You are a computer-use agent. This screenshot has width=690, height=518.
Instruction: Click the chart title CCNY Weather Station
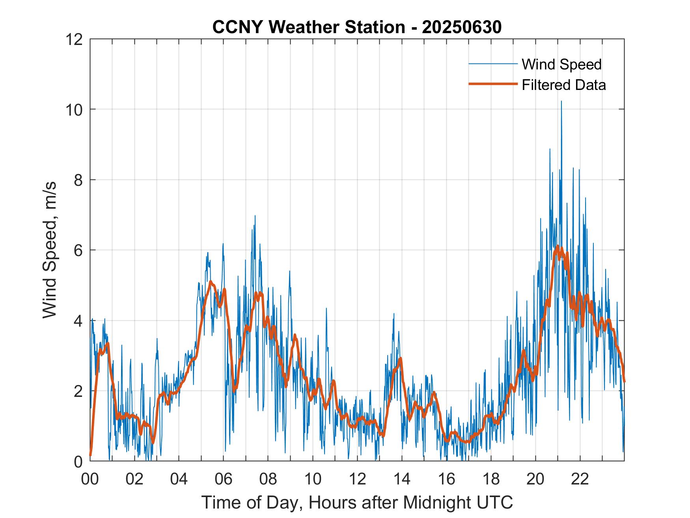point(308,27)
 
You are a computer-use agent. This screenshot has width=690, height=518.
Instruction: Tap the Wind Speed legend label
point(561,64)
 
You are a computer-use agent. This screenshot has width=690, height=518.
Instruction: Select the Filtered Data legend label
point(563,85)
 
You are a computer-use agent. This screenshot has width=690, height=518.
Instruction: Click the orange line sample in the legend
point(493,84)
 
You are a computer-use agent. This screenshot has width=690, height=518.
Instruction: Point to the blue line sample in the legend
point(493,64)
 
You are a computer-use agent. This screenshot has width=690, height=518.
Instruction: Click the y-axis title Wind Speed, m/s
point(50,250)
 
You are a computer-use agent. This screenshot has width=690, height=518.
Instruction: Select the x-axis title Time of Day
point(357,502)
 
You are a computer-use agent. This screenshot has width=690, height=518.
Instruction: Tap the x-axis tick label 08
point(268,479)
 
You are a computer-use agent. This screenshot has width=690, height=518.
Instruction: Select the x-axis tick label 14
point(402,479)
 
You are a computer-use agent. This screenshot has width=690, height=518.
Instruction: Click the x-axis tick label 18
point(491,479)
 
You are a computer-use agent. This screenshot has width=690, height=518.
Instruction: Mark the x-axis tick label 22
point(580,479)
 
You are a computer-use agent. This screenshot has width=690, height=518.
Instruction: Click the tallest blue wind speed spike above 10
point(561,102)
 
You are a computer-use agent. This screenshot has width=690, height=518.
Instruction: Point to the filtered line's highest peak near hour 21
point(558,246)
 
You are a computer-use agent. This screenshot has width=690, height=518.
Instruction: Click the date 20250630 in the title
point(462,27)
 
